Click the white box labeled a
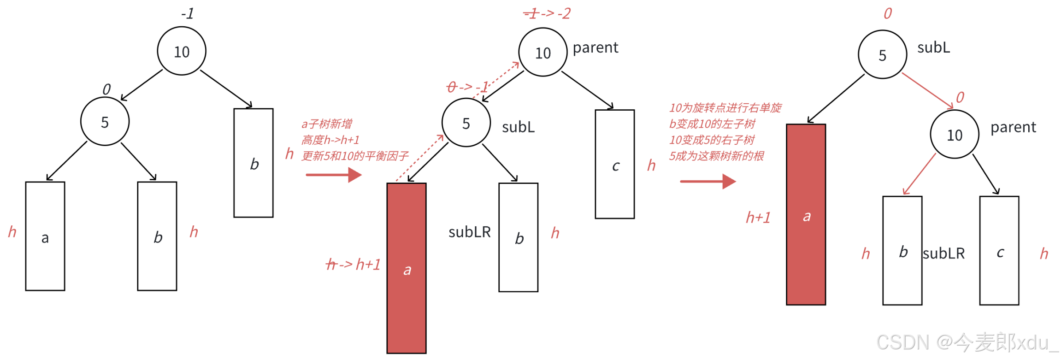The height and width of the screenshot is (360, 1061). [45, 236]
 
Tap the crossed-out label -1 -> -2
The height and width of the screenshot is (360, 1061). [547, 14]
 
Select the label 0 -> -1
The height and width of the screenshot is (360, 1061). [467, 87]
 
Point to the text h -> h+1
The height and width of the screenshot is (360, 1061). [353, 265]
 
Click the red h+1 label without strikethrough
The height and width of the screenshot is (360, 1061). [758, 218]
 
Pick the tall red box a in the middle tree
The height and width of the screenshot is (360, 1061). [407, 268]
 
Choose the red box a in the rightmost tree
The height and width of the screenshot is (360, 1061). [806, 215]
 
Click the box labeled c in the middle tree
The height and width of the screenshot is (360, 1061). [615, 164]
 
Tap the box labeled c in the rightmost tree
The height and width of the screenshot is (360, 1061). [999, 251]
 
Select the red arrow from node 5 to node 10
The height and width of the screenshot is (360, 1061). [927, 91]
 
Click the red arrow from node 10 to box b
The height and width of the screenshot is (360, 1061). [919, 174]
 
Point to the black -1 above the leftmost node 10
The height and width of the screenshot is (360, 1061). [187, 14]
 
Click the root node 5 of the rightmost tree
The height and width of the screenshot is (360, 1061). [882, 55]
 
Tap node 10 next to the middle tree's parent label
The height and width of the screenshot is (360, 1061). [542, 53]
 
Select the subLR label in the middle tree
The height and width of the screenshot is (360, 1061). [470, 232]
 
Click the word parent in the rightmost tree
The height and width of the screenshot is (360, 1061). [1013, 127]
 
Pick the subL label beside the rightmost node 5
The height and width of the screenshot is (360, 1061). [933, 47]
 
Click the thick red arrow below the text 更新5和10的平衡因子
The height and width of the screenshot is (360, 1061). [334, 175]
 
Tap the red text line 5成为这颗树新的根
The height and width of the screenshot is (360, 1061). [716, 156]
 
